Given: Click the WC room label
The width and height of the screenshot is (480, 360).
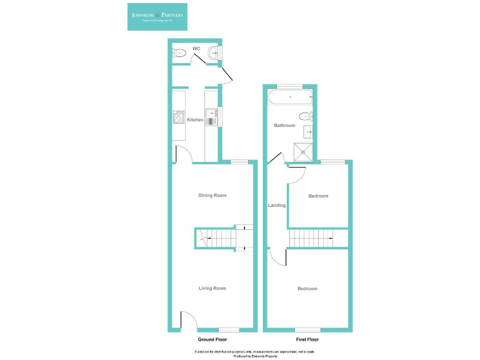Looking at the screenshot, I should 196,48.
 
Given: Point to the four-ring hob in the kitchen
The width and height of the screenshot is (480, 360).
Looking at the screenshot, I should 179,117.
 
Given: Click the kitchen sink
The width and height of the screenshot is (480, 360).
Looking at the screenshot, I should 212,118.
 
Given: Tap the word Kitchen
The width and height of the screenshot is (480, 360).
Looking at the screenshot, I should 195,120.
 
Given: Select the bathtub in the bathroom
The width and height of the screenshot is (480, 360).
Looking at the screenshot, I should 290,97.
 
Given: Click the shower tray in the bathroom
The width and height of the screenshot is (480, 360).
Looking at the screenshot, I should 304,151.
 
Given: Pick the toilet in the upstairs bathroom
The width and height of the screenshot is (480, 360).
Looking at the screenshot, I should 304,116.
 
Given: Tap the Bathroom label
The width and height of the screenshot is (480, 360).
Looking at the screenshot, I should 284,126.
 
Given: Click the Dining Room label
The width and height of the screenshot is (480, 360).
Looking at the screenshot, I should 212,196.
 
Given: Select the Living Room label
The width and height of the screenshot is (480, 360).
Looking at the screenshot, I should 212,288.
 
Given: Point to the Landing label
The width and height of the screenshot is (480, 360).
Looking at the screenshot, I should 277,206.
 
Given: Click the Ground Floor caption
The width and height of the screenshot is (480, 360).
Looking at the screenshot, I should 212,339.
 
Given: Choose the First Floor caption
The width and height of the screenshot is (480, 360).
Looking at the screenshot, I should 307,339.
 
